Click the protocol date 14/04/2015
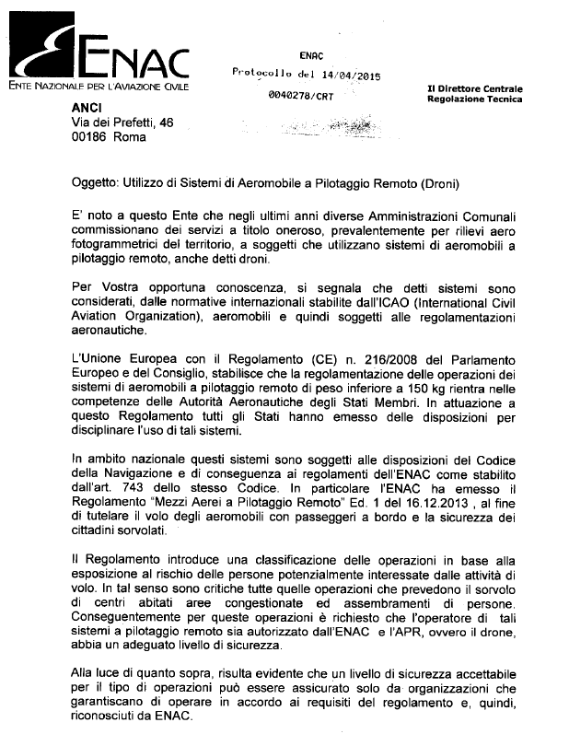(x=351, y=76)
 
